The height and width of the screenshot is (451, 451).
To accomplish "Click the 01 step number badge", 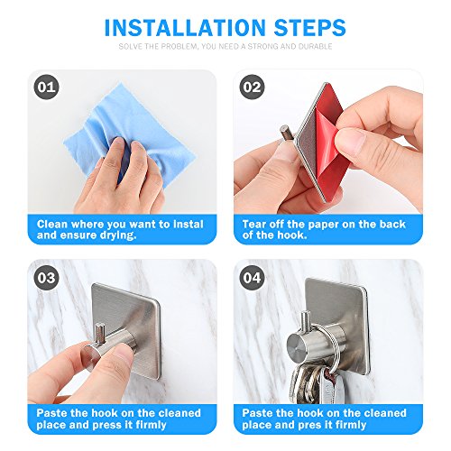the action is pos(47,87).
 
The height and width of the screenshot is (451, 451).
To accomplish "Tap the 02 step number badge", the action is pos(252,87).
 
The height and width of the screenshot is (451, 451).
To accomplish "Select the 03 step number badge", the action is pos(47,278).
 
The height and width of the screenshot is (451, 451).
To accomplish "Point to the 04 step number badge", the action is pos(252,278).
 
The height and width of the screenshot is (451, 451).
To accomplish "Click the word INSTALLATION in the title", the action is pos(185,28).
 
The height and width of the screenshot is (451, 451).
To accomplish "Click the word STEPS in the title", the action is pos(310,28).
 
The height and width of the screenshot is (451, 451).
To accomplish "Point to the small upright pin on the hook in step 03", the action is pos(100,333).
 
